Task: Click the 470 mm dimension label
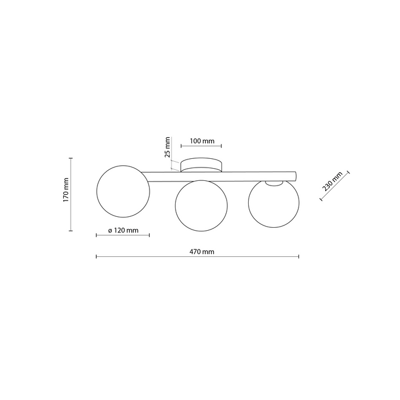[202, 252]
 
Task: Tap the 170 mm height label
[66, 190]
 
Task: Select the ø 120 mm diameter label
[123, 230]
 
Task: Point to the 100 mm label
[202, 141]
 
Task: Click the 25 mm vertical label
[167, 147]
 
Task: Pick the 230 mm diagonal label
[332, 181]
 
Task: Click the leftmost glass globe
[123, 191]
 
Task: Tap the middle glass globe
[201, 206]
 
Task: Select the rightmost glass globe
[274, 203]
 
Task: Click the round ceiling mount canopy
[201, 165]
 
